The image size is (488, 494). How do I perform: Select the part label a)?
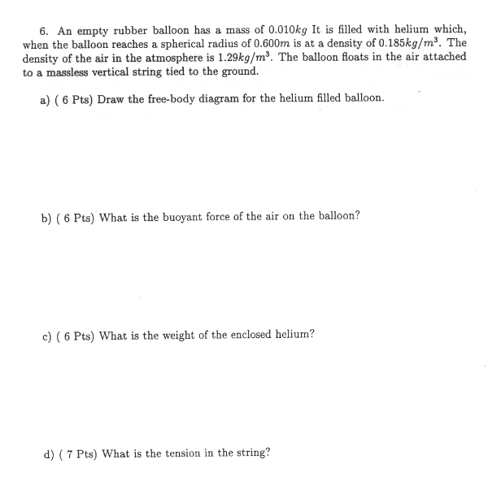pos(45,99)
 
